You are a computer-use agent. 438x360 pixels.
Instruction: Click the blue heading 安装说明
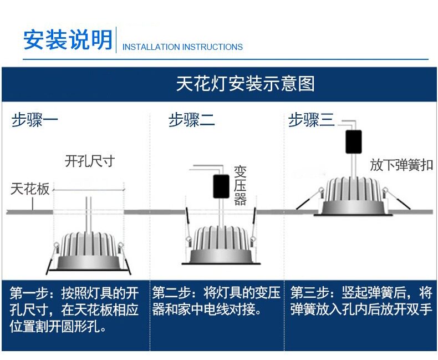tap(68, 39)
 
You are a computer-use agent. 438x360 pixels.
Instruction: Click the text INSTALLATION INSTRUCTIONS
tap(182, 47)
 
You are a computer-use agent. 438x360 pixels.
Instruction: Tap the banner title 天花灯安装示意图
tap(245, 84)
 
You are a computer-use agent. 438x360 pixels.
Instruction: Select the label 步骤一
tap(34, 120)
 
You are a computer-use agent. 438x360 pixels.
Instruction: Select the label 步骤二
tap(191, 120)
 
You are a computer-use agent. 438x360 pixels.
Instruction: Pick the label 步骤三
tap(311, 120)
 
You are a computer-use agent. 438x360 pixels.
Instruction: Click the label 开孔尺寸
tap(90, 161)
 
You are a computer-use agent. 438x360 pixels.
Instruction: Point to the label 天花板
tap(30, 189)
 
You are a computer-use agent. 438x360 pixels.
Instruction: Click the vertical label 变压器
tap(240, 185)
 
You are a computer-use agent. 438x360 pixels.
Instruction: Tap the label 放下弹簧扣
tap(401, 165)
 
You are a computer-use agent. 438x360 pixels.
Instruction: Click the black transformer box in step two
tap(221, 186)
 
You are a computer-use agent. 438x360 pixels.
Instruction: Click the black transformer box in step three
tap(354, 141)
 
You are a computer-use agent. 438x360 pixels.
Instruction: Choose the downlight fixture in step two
tap(221, 245)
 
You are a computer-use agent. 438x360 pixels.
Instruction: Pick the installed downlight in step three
tap(353, 196)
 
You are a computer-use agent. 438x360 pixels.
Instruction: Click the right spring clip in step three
tap(396, 199)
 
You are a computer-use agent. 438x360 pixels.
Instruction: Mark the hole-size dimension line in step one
tap(89, 190)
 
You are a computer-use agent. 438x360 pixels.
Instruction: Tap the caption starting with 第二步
tap(216, 301)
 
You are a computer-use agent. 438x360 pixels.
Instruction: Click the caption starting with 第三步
tap(361, 301)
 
